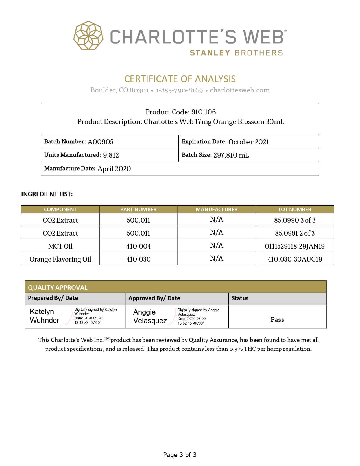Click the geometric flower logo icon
88,36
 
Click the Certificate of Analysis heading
180,79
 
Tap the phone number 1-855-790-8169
179,90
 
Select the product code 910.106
203,112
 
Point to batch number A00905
100,142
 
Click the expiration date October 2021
248,142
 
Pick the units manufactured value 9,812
111,155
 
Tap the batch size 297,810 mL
231,155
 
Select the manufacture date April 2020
114,169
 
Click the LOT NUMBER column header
294,209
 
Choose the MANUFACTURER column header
217,209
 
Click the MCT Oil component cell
60,246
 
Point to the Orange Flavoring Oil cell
60,259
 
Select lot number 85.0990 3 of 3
294,220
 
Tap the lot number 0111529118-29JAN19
294,246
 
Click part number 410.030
138,259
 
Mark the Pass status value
277,319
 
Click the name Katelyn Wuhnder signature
45,316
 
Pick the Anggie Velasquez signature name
150,316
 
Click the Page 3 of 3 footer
180,455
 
